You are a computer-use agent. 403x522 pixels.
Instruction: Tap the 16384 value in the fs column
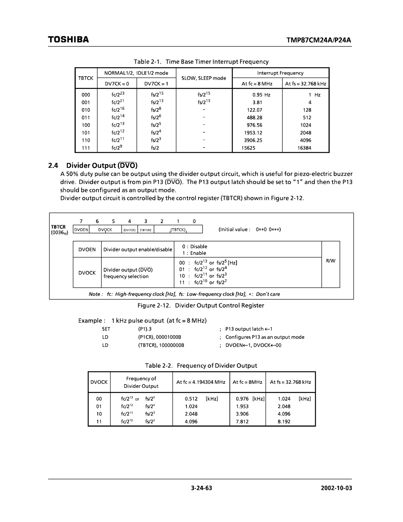tap(304, 148)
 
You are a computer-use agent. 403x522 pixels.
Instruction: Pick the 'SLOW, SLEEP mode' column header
tap(204, 78)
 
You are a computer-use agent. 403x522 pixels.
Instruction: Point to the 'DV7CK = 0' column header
tap(117, 84)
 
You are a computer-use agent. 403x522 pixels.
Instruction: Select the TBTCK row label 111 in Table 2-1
tap(86, 148)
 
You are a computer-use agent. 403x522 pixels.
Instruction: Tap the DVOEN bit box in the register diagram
tap(81, 230)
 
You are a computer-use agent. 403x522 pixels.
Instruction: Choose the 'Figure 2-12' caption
tap(201, 305)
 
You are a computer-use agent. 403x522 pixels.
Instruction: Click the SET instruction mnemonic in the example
tap(106, 329)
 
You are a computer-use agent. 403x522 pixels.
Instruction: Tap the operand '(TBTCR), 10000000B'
tap(161, 345)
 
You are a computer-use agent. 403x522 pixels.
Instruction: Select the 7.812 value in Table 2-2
tap(242, 421)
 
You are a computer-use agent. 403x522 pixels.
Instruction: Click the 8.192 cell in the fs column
tap(284, 421)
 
